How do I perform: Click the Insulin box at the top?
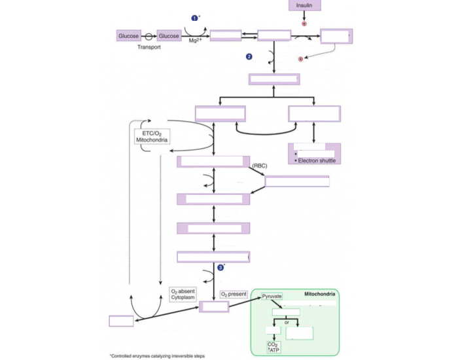304,6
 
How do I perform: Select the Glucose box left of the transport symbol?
129,36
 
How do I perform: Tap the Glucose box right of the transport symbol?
169,36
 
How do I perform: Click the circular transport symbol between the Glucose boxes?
149,37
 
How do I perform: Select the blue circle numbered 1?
194,18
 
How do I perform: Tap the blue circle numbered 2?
249,57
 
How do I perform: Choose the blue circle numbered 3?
221,267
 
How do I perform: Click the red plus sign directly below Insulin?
304,24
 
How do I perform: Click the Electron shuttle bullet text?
315,160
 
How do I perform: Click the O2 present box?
234,295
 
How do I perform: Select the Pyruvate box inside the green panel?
272,297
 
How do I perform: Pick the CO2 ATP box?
272,347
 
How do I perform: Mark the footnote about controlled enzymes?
157,355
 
